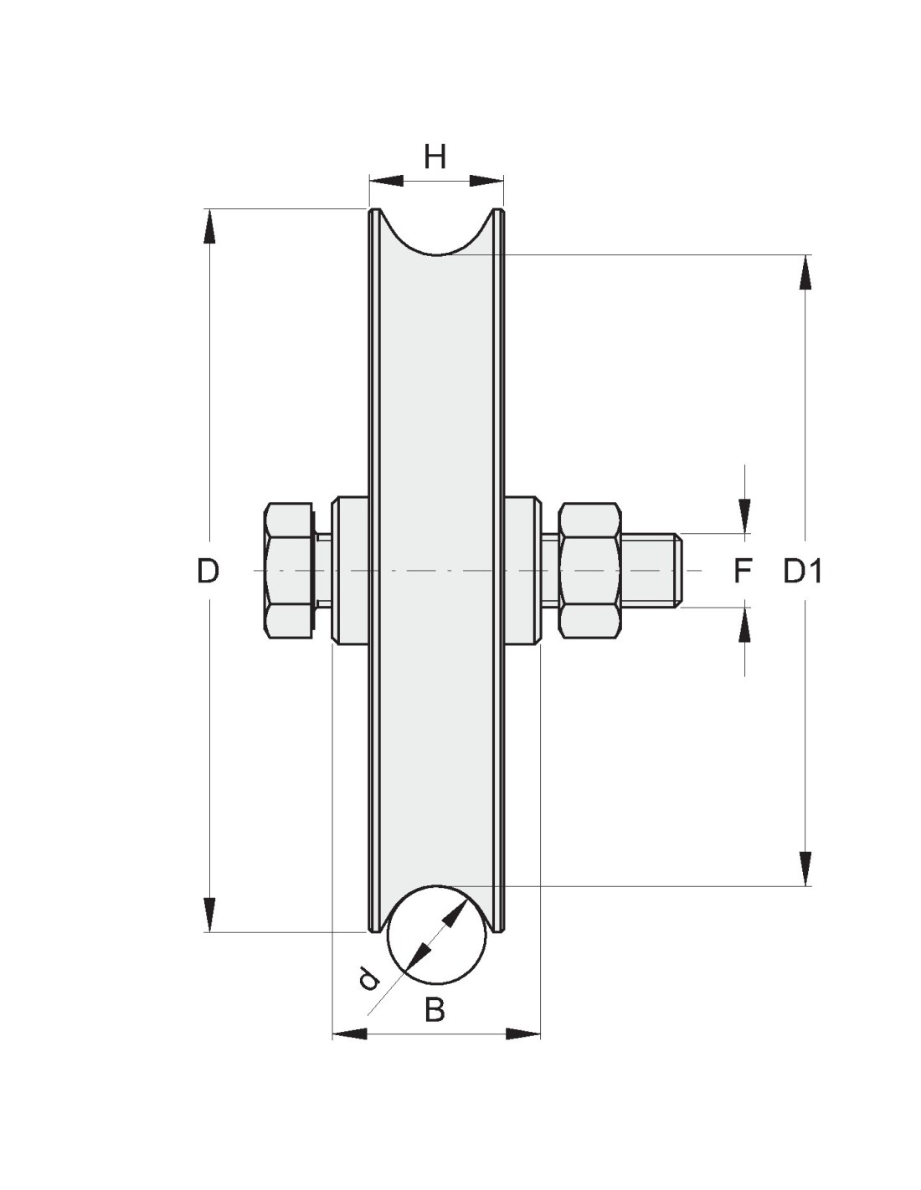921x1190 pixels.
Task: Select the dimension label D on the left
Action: click(208, 572)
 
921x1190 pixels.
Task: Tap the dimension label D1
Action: click(802, 572)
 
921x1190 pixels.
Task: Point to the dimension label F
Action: click(742, 572)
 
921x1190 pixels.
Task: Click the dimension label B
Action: click(435, 1010)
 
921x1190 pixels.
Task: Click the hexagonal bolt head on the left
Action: click(290, 572)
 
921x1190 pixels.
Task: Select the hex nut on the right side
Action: click(589, 572)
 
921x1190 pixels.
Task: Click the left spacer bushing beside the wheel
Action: click(350, 572)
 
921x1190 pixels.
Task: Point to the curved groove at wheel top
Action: click(436, 253)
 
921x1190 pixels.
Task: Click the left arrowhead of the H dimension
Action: click(386, 181)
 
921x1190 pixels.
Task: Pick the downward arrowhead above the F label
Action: click(744, 515)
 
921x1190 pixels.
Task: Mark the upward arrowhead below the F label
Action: click(744, 625)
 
